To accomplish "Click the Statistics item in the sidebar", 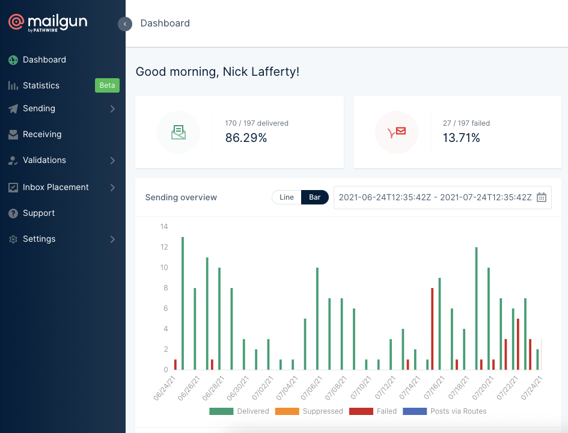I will pyautogui.click(x=41, y=85).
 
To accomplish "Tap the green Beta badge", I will pyautogui.click(x=107, y=85).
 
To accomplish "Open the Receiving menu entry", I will pyautogui.click(x=42, y=134).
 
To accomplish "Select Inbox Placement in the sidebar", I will pyautogui.click(x=55, y=187).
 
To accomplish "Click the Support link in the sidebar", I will pyautogui.click(x=38, y=213).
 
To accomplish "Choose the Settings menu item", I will pyautogui.click(x=39, y=239).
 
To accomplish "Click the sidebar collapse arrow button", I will pyautogui.click(x=125, y=24).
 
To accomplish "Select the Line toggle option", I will pyautogui.click(x=287, y=197).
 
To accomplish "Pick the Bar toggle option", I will pyautogui.click(x=315, y=197).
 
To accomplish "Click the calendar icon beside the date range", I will pyautogui.click(x=542, y=197).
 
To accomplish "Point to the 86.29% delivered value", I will pyautogui.click(x=246, y=138).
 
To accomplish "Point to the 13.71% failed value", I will pyautogui.click(x=462, y=138).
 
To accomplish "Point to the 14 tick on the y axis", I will pyautogui.click(x=163, y=227).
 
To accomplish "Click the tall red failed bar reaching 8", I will pyautogui.click(x=432, y=329).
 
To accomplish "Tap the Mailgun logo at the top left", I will pyautogui.click(x=48, y=23).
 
